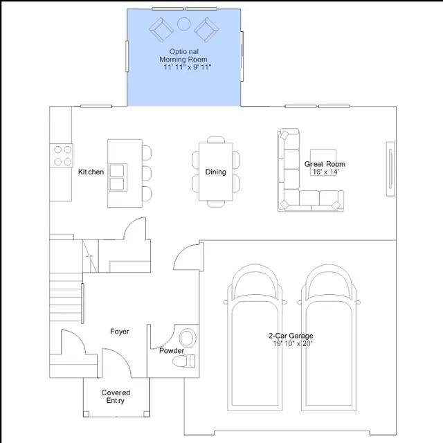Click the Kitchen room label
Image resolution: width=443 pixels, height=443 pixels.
[91, 172]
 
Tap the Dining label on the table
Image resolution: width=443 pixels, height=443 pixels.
[215, 172]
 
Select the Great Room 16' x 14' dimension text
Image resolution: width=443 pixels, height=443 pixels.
[325, 172]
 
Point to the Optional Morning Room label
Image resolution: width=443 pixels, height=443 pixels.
[183, 55]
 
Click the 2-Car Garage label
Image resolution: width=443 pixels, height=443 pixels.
[291, 336]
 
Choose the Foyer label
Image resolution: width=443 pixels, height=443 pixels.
[120, 332]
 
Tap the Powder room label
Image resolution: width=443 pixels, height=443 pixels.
[172, 351]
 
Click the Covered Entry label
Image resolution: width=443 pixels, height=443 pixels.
[116, 397]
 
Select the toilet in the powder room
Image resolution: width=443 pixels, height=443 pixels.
[183, 361]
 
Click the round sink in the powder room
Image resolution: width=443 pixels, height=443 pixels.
[188, 338]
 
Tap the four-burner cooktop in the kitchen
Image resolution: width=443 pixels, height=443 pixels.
[62, 156]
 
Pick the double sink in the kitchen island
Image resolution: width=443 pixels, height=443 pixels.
[118, 177]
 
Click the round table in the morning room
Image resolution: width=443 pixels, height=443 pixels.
[183, 24]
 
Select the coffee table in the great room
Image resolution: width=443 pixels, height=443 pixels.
[323, 162]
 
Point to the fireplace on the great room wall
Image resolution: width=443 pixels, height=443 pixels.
[390, 169]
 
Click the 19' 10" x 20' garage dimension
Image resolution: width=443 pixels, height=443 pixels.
[292, 343]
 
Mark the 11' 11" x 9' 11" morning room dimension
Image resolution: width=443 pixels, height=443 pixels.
[188, 67]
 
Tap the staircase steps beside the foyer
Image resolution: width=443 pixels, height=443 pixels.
[66, 297]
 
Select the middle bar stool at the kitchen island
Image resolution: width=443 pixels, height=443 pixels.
[147, 173]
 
